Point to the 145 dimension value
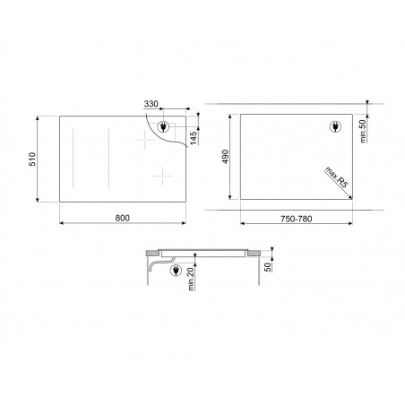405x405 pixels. coord(194,136)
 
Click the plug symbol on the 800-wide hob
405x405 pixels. coord(167,127)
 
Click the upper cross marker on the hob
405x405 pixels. coord(143,141)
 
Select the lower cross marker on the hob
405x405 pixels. coord(161,176)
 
